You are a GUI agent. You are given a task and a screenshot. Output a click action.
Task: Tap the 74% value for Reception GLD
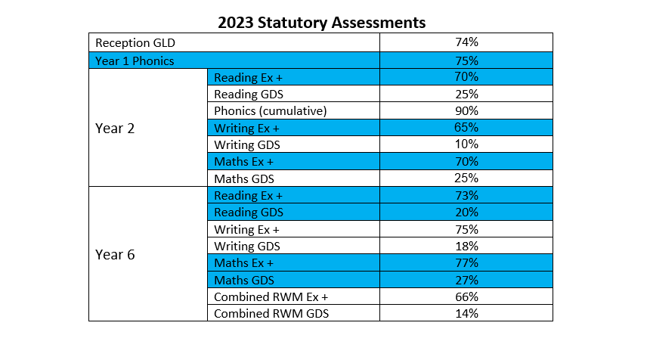[466, 44]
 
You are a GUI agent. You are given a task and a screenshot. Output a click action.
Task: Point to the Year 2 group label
[115, 129]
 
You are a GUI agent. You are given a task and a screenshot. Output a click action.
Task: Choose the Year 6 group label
[115, 255]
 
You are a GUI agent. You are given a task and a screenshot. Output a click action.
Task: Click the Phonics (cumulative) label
[270, 111]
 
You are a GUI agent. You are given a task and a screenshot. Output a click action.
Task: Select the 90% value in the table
[466, 111]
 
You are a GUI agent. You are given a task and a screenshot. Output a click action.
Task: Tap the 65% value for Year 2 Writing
[466, 128]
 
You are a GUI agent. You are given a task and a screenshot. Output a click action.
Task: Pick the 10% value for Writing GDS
[466, 144]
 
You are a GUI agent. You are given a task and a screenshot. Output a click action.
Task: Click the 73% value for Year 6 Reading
[466, 196]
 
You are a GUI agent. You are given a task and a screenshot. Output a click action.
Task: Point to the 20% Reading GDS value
[466, 213]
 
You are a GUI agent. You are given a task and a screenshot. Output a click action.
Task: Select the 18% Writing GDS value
[466, 246]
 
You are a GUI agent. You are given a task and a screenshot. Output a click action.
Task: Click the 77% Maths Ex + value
[466, 263]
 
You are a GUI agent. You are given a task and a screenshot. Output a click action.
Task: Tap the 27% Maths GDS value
[466, 280]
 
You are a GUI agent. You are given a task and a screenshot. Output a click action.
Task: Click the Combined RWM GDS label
[271, 313]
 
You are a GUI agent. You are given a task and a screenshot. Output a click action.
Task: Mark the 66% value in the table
[466, 296]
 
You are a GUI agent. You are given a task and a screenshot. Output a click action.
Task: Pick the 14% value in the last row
[466, 313]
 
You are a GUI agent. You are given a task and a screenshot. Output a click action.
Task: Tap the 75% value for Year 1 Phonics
[466, 61]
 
